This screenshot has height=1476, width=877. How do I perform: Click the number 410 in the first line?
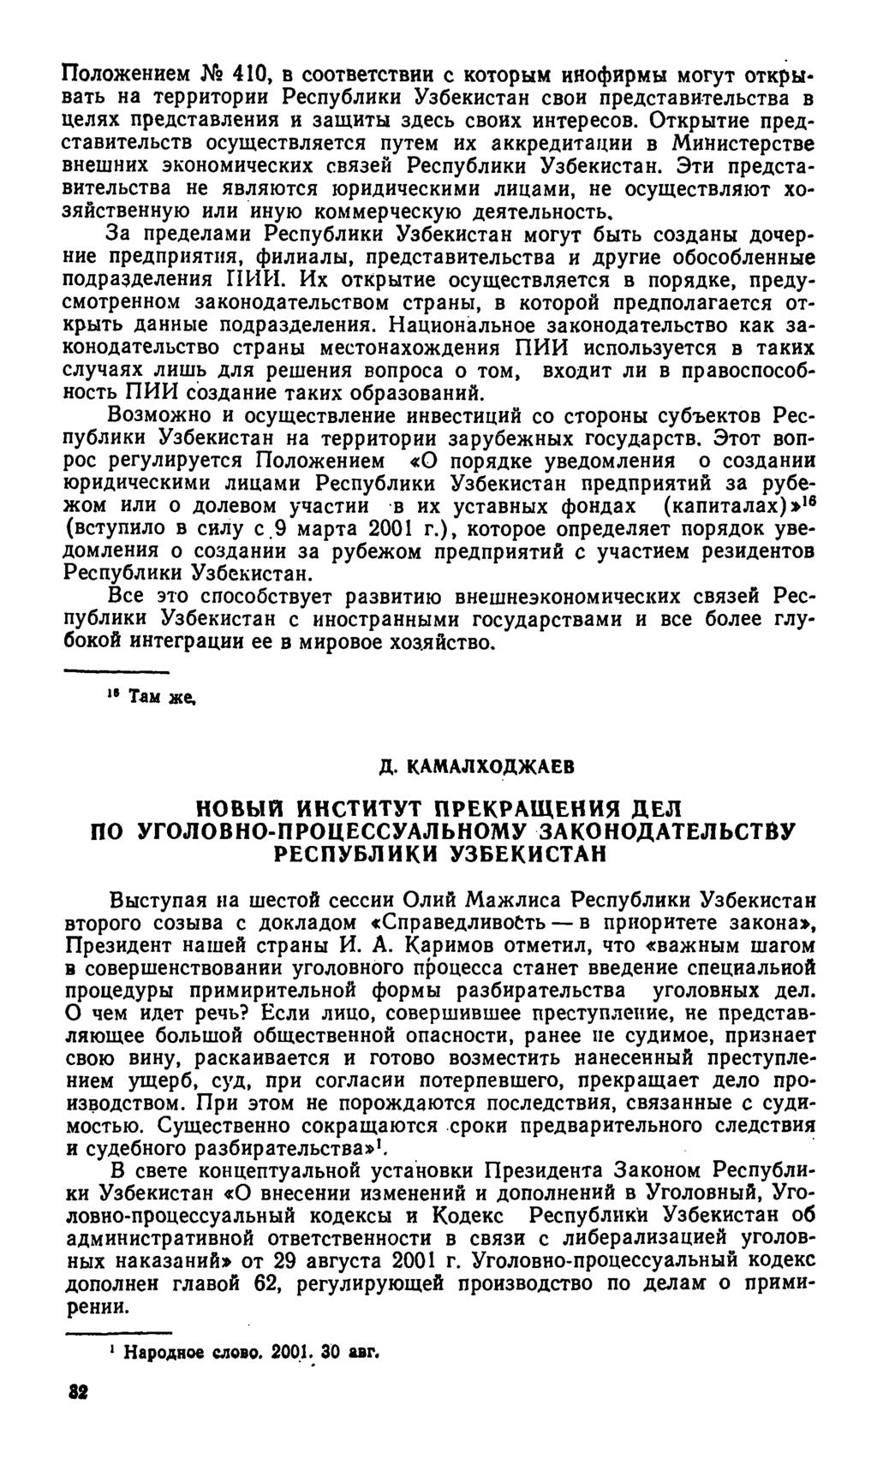tap(256, 84)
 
